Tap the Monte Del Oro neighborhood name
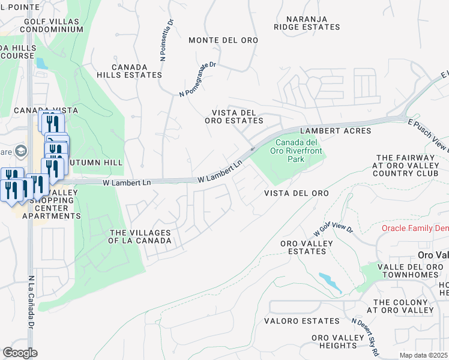(x=223, y=40)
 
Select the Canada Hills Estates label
(x=137, y=71)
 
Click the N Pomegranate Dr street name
(x=197, y=81)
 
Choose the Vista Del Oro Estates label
(x=238, y=116)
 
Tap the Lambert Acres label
(x=336, y=130)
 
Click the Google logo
(x=20, y=353)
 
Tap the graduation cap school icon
(x=22, y=150)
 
